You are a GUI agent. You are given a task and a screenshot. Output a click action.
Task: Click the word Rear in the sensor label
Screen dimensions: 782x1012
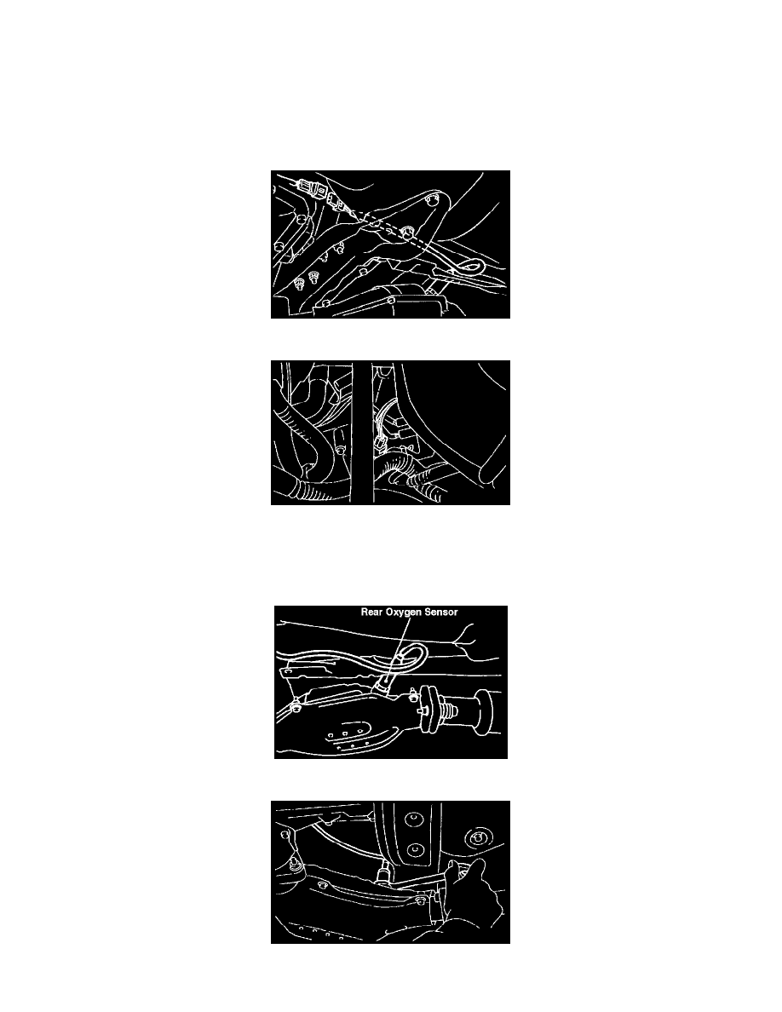(371, 612)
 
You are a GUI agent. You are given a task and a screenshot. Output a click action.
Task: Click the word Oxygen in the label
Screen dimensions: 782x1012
(403, 612)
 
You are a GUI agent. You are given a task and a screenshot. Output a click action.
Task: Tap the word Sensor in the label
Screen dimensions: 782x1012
(441, 612)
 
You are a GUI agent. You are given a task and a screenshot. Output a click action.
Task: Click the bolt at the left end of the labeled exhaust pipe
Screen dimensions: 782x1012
(296, 708)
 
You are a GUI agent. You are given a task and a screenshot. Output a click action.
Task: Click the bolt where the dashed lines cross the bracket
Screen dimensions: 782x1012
(406, 231)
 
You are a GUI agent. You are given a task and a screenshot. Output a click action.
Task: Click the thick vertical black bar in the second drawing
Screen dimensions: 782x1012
(363, 433)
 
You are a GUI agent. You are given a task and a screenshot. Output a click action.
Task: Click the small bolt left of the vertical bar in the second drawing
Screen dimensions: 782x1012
(341, 448)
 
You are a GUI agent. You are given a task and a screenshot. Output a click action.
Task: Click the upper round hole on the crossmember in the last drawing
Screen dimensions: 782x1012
(411, 820)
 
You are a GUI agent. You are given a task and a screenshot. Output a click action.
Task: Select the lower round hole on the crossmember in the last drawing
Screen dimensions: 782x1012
(416, 848)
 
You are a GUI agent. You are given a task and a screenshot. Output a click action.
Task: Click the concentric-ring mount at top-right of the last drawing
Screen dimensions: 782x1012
(478, 838)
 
